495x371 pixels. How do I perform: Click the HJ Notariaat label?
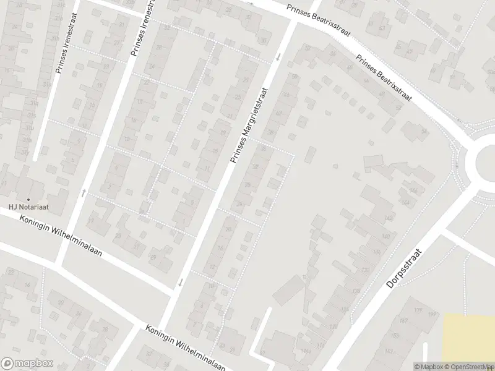(x=28, y=207)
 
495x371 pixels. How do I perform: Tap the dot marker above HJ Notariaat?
(x=28, y=199)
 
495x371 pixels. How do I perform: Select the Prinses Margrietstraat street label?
(x=252, y=123)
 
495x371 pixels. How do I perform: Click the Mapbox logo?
(x=26, y=364)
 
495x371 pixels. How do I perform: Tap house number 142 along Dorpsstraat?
(x=389, y=218)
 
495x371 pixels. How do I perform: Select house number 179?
(x=418, y=310)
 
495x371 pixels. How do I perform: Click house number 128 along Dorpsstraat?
(x=356, y=291)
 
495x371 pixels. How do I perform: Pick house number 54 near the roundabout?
(x=424, y=132)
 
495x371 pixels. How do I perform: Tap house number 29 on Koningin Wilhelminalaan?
(x=153, y=257)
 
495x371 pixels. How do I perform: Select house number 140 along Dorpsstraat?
(x=385, y=237)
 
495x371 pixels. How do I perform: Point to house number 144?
(x=405, y=202)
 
